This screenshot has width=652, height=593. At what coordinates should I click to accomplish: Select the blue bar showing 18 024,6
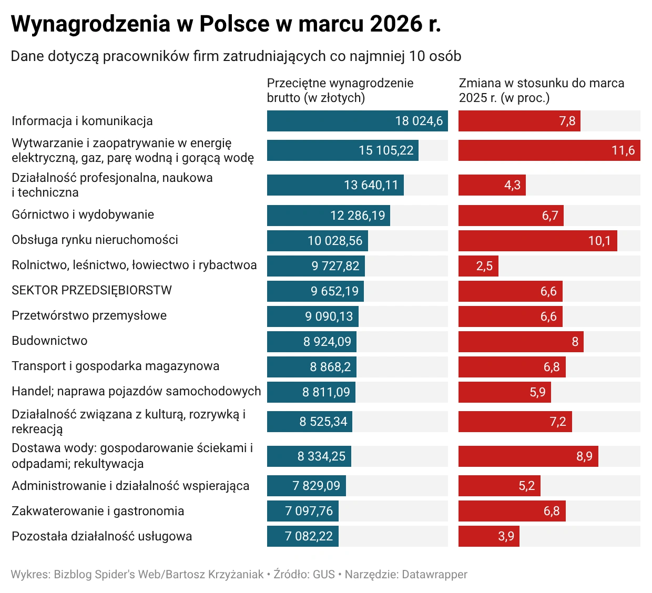coord(357,121)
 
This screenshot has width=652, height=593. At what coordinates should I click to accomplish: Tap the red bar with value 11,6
coord(549,150)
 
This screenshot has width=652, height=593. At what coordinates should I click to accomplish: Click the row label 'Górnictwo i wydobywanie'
coord(83,214)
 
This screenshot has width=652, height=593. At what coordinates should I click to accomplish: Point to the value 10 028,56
coord(335,241)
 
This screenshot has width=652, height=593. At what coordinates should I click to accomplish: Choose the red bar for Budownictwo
coord(521,342)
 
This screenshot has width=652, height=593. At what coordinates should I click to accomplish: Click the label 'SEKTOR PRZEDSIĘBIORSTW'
coord(91,290)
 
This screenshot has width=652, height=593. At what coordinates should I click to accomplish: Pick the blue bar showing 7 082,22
coord(302,536)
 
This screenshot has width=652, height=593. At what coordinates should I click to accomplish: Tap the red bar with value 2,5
coord(478,266)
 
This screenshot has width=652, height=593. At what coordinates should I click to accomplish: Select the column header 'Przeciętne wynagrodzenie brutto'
coord(340,90)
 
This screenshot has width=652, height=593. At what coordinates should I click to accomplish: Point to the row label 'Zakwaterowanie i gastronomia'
coord(98,511)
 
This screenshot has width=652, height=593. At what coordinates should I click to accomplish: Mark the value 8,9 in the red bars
coord(584,456)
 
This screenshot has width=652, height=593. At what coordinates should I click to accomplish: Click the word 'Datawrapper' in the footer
coord(434,574)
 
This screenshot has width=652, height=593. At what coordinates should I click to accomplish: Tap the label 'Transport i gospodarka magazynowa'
coord(116,366)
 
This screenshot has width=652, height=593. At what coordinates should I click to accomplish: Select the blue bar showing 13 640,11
coord(335,185)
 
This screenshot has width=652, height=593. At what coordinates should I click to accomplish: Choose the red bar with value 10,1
coord(537,241)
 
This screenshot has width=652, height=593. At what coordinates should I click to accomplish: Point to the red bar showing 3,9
coord(488,536)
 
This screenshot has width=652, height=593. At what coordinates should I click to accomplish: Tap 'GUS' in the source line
coord(323,574)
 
